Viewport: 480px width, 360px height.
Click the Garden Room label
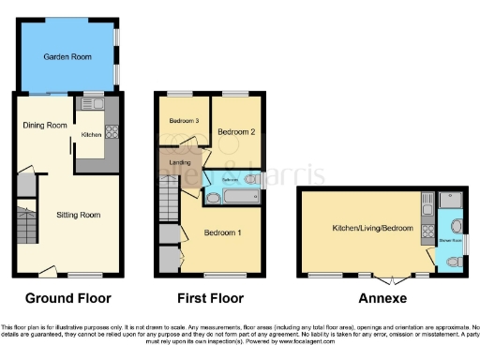[69, 57]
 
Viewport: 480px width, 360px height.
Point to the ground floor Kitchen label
[91, 133]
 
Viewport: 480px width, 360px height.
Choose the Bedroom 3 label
[185, 121]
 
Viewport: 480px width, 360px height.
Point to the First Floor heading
[211, 298]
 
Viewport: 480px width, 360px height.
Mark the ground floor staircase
[23, 225]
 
